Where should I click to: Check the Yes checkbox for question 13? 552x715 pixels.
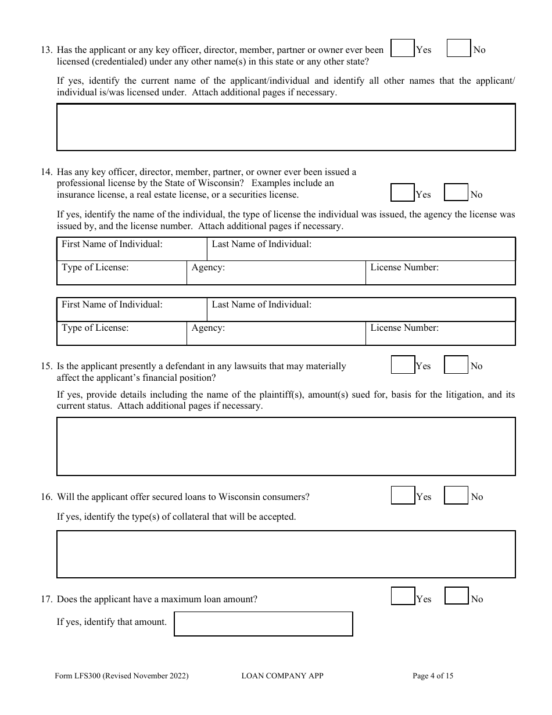click(403, 48)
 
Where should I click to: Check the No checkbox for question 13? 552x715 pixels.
click(458, 48)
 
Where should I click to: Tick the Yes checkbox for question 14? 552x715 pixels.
click(403, 193)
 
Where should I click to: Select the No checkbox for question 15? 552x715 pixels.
click(456, 365)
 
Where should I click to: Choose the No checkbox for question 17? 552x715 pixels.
click(457, 597)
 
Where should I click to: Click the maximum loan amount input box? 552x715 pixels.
click(263, 624)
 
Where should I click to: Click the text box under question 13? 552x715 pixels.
click(286, 127)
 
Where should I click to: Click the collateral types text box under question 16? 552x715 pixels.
click(286, 554)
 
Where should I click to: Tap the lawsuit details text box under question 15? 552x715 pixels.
click(286, 446)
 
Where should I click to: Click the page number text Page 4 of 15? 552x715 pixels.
click(433, 676)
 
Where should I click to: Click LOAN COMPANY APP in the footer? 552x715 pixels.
click(282, 676)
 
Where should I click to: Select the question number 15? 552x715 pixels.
click(46, 366)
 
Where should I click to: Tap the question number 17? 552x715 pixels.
click(46, 599)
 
